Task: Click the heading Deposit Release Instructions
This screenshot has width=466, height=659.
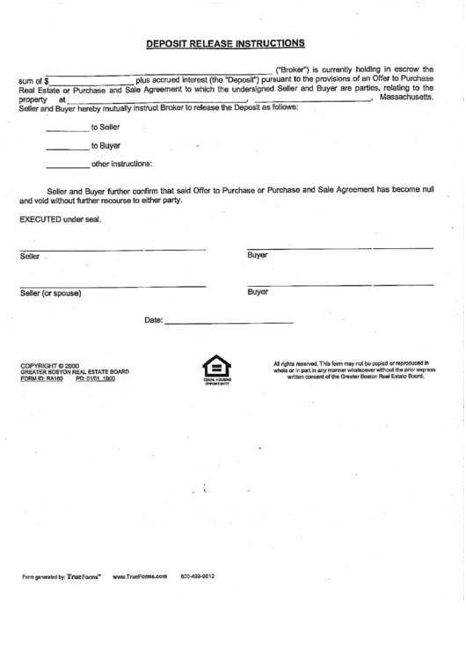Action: [225, 42]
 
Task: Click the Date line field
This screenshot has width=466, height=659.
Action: [229, 323]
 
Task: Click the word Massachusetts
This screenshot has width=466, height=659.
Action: [406, 97]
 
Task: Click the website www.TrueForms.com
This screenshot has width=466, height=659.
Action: [140, 576]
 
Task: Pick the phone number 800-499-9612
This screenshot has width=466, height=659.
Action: [198, 576]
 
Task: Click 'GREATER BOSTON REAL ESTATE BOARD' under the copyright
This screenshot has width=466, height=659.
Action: [75, 372]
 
